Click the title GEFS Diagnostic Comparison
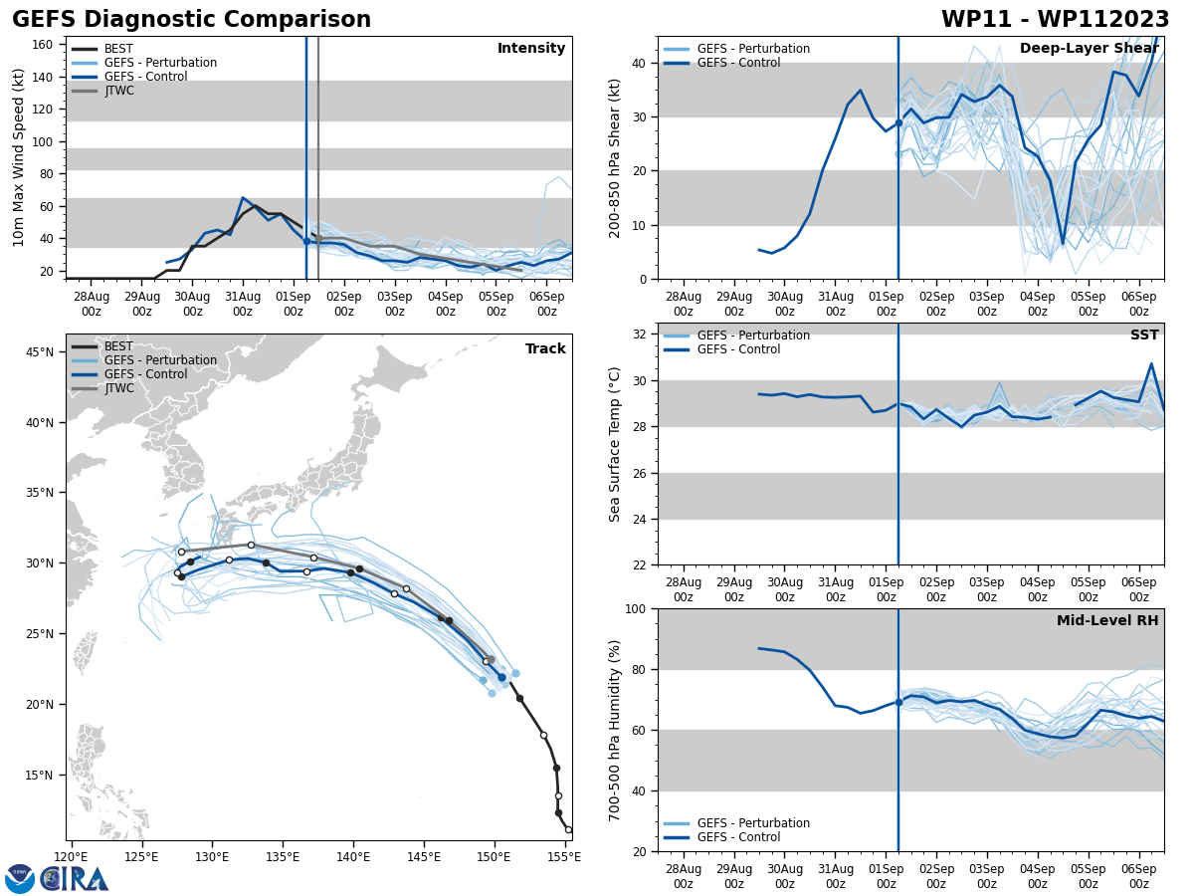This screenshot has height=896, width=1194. pyautogui.click(x=191, y=20)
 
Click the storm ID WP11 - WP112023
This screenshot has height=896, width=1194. pyautogui.click(x=1055, y=20)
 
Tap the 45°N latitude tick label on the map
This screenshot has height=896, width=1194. pyautogui.click(x=40, y=351)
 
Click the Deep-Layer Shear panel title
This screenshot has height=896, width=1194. pyautogui.click(x=1089, y=49)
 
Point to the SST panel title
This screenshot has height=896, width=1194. pyautogui.click(x=1143, y=336)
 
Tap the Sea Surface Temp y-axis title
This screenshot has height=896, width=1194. pyautogui.click(x=615, y=444)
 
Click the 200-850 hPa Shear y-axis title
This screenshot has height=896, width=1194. pyautogui.click(x=615, y=157)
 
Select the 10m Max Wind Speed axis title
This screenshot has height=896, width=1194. pyautogui.click(x=19, y=157)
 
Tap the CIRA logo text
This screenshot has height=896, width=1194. pyautogui.click(x=75, y=879)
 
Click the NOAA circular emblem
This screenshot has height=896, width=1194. pyautogui.click(x=20, y=879)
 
